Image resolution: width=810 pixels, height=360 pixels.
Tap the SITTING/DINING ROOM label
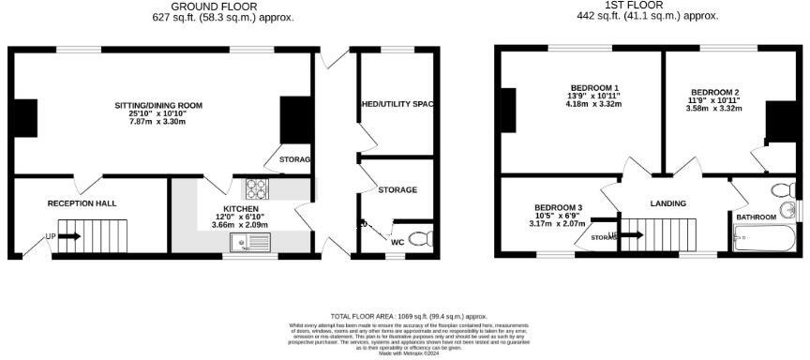point(158,105)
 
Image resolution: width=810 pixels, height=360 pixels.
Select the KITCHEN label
point(240,208)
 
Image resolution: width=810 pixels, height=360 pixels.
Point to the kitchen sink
point(253,243)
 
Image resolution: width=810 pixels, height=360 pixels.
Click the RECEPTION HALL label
point(82,202)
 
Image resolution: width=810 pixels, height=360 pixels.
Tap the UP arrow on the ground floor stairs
point(68,236)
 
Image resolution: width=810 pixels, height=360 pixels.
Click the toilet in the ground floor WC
point(422,236)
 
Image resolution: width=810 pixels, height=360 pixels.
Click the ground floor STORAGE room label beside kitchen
point(397,190)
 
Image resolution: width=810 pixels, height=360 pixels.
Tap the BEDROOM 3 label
point(559,207)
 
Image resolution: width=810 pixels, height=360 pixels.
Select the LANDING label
point(667,203)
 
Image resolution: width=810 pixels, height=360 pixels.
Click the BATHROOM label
point(756,217)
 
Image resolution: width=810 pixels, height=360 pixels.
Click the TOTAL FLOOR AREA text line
point(409,317)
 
